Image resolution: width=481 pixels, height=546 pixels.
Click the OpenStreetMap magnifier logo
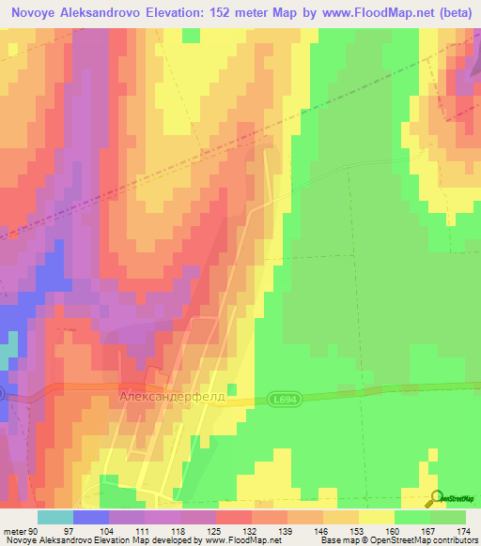tap(436, 499)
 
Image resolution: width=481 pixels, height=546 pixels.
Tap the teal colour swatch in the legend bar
tap(55, 518)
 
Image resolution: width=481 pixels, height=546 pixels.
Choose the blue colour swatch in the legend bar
tap(91, 518)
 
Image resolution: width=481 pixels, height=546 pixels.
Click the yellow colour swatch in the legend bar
tap(377, 518)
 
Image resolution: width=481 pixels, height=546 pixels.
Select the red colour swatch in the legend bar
tap(234, 518)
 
